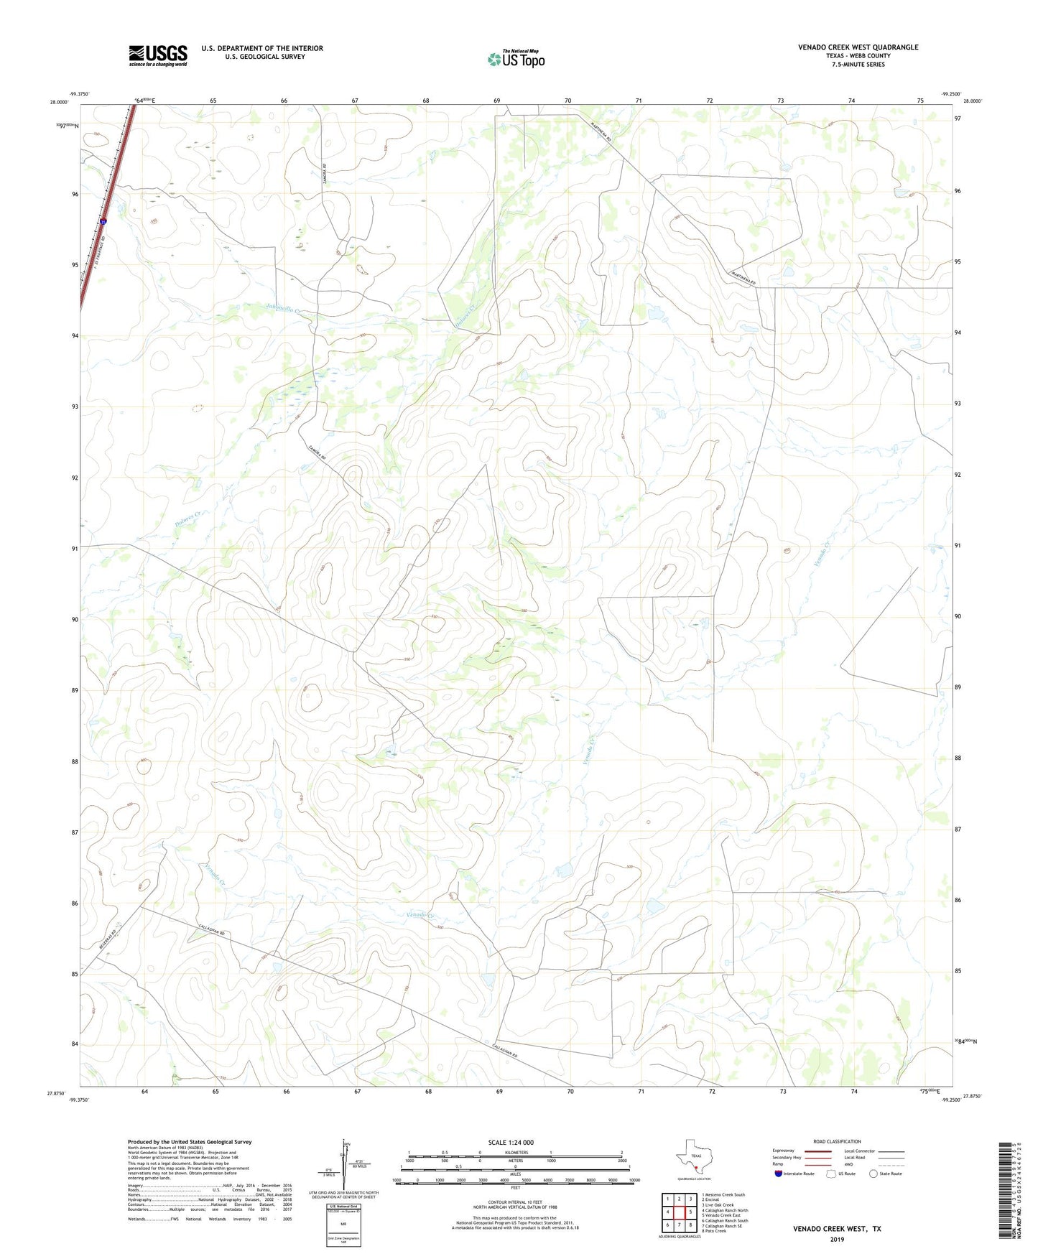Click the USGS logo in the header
coord(158,55)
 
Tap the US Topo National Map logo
coord(516,59)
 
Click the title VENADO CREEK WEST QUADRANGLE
coord(858,47)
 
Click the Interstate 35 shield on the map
coord(104,223)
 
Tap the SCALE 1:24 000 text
coord(511,1143)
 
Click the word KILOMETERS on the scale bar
coord(515,1152)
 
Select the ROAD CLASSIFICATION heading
coord(837,1141)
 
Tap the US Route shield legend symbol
coord(831,1174)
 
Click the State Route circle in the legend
coord(873,1174)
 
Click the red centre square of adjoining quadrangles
coord(679,1212)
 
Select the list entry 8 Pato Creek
coord(715,1231)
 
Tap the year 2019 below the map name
coord(837,1239)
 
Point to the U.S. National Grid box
coord(343,1225)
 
